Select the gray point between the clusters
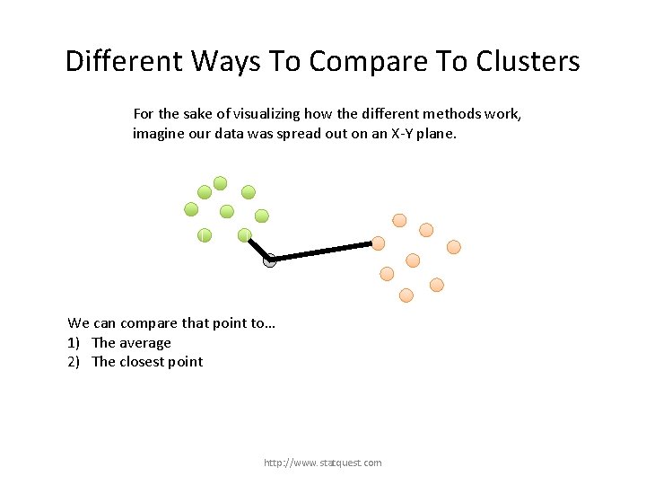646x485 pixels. (x=270, y=261)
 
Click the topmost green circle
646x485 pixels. (x=221, y=182)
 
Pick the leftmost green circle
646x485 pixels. (x=191, y=209)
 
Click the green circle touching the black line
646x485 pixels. (x=244, y=235)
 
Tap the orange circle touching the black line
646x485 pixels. (x=379, y=242)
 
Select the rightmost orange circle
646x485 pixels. (x=454, y=246)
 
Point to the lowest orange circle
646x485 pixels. (x=406, y=295)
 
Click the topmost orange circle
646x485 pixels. (x=399, y=220)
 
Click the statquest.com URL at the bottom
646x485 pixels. (x=322, y=463)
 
